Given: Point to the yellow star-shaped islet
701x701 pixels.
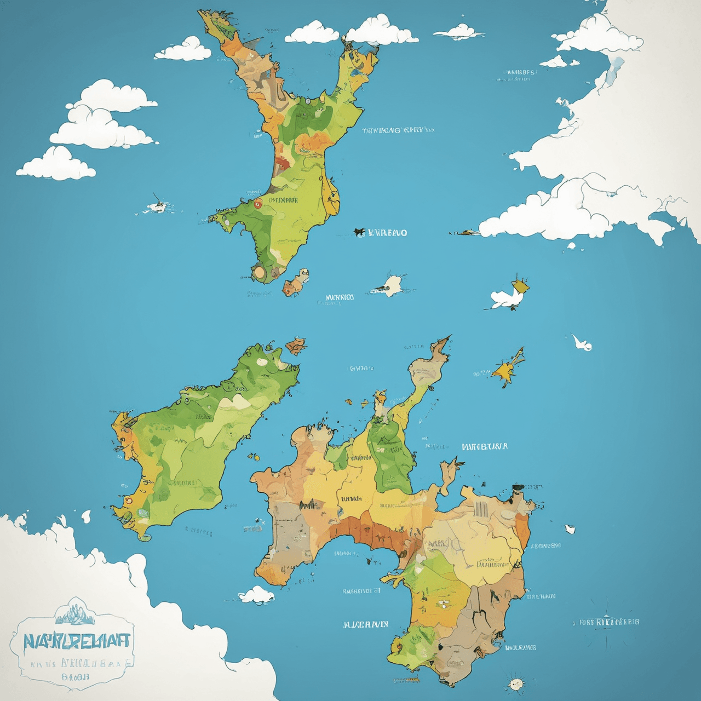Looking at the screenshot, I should tap(507, 370).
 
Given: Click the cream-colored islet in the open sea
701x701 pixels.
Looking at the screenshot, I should tap(392, 285).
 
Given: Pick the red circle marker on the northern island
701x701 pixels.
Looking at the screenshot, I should tap(257, 203).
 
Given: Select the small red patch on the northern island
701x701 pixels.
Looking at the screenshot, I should tap(283, 163).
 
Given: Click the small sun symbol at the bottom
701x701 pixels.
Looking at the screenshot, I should tap(515, 683).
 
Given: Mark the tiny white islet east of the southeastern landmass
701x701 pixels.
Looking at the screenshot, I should tap(570, 529).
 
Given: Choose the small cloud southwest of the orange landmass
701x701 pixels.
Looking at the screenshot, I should tap(256, 595).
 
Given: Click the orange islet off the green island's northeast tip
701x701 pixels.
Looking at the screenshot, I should tap(296, 346).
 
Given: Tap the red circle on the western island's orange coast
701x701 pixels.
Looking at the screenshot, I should tap(128, 499).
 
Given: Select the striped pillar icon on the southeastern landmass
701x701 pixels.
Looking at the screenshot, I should tap(482, 509).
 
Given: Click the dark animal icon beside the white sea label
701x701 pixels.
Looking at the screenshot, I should tap(359, 232).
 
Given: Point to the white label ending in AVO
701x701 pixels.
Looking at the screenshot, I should tap(386, 233).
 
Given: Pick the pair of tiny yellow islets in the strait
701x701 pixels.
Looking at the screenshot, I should tap(254, 456).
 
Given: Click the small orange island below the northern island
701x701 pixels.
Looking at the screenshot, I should tap(296, 280).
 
